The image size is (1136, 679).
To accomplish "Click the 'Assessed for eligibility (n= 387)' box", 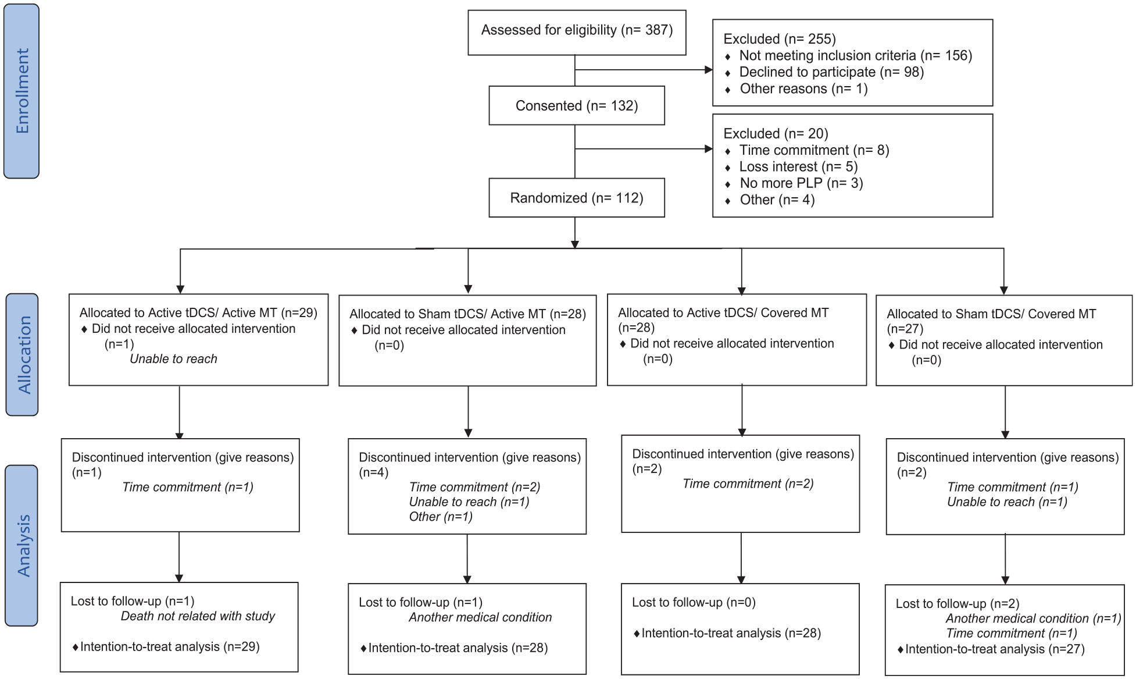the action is tap(577, 33).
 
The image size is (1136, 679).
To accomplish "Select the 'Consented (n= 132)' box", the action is tap(577, 105).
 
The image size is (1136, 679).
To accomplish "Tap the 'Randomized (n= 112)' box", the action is tap(577, 198).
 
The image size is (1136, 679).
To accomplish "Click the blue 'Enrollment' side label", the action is tap(22, 91).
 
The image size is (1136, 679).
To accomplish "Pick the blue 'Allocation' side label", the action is tap(22, 354).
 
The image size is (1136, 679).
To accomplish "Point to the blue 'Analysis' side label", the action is tap(22, 545).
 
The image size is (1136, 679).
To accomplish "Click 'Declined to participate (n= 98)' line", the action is tap(831, 72).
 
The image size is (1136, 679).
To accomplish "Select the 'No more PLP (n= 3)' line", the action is tap(801, 183).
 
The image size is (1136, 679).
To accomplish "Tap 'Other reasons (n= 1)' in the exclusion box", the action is tap(803, 89).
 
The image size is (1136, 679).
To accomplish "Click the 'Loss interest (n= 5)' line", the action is tap(798, 167).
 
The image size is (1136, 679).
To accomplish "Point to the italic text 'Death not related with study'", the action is tap(198, 616).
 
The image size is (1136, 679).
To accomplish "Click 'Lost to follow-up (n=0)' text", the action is tap(694, 603).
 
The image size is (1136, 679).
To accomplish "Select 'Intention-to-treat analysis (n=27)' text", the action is tap(995, 649).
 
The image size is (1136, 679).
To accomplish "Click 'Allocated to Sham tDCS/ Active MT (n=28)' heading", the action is tap(467, 314).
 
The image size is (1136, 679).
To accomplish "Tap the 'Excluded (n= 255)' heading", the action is tap(780, 39).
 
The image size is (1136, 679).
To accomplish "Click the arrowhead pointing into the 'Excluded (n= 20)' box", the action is tap(709, 149).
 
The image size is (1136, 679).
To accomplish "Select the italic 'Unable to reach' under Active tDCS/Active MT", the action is tap(173, 359).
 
